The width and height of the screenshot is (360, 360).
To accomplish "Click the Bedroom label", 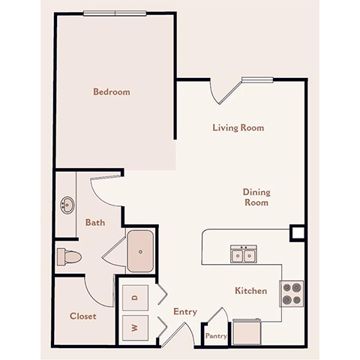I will tap(111, 91).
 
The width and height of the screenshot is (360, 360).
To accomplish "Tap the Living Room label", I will tap(238, 127).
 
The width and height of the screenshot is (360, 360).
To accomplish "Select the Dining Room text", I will tap(256, 197).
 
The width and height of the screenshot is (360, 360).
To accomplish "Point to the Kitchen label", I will tap(250, 290).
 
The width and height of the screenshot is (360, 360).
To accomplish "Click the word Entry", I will tap(184, 311).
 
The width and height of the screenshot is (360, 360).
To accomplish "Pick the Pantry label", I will tap(216, 337).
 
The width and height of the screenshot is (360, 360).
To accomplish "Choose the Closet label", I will tap(82, 316).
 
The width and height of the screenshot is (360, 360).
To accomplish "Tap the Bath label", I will tap(94, 222).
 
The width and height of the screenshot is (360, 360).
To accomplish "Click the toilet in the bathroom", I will tap(69, 257).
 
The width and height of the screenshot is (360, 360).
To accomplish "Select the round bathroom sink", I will tap(67, 204).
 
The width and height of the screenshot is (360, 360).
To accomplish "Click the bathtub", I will tap(140, 251).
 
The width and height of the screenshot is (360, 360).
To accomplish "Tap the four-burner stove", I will tap(292, 293).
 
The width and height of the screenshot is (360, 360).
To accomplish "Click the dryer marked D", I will tap(135, 297).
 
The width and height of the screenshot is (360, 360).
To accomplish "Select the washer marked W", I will tap(135, 328).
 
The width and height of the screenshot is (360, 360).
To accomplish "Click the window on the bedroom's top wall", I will tap(115, 13).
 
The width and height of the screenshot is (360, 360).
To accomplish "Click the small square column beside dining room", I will tap(298, 232).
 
